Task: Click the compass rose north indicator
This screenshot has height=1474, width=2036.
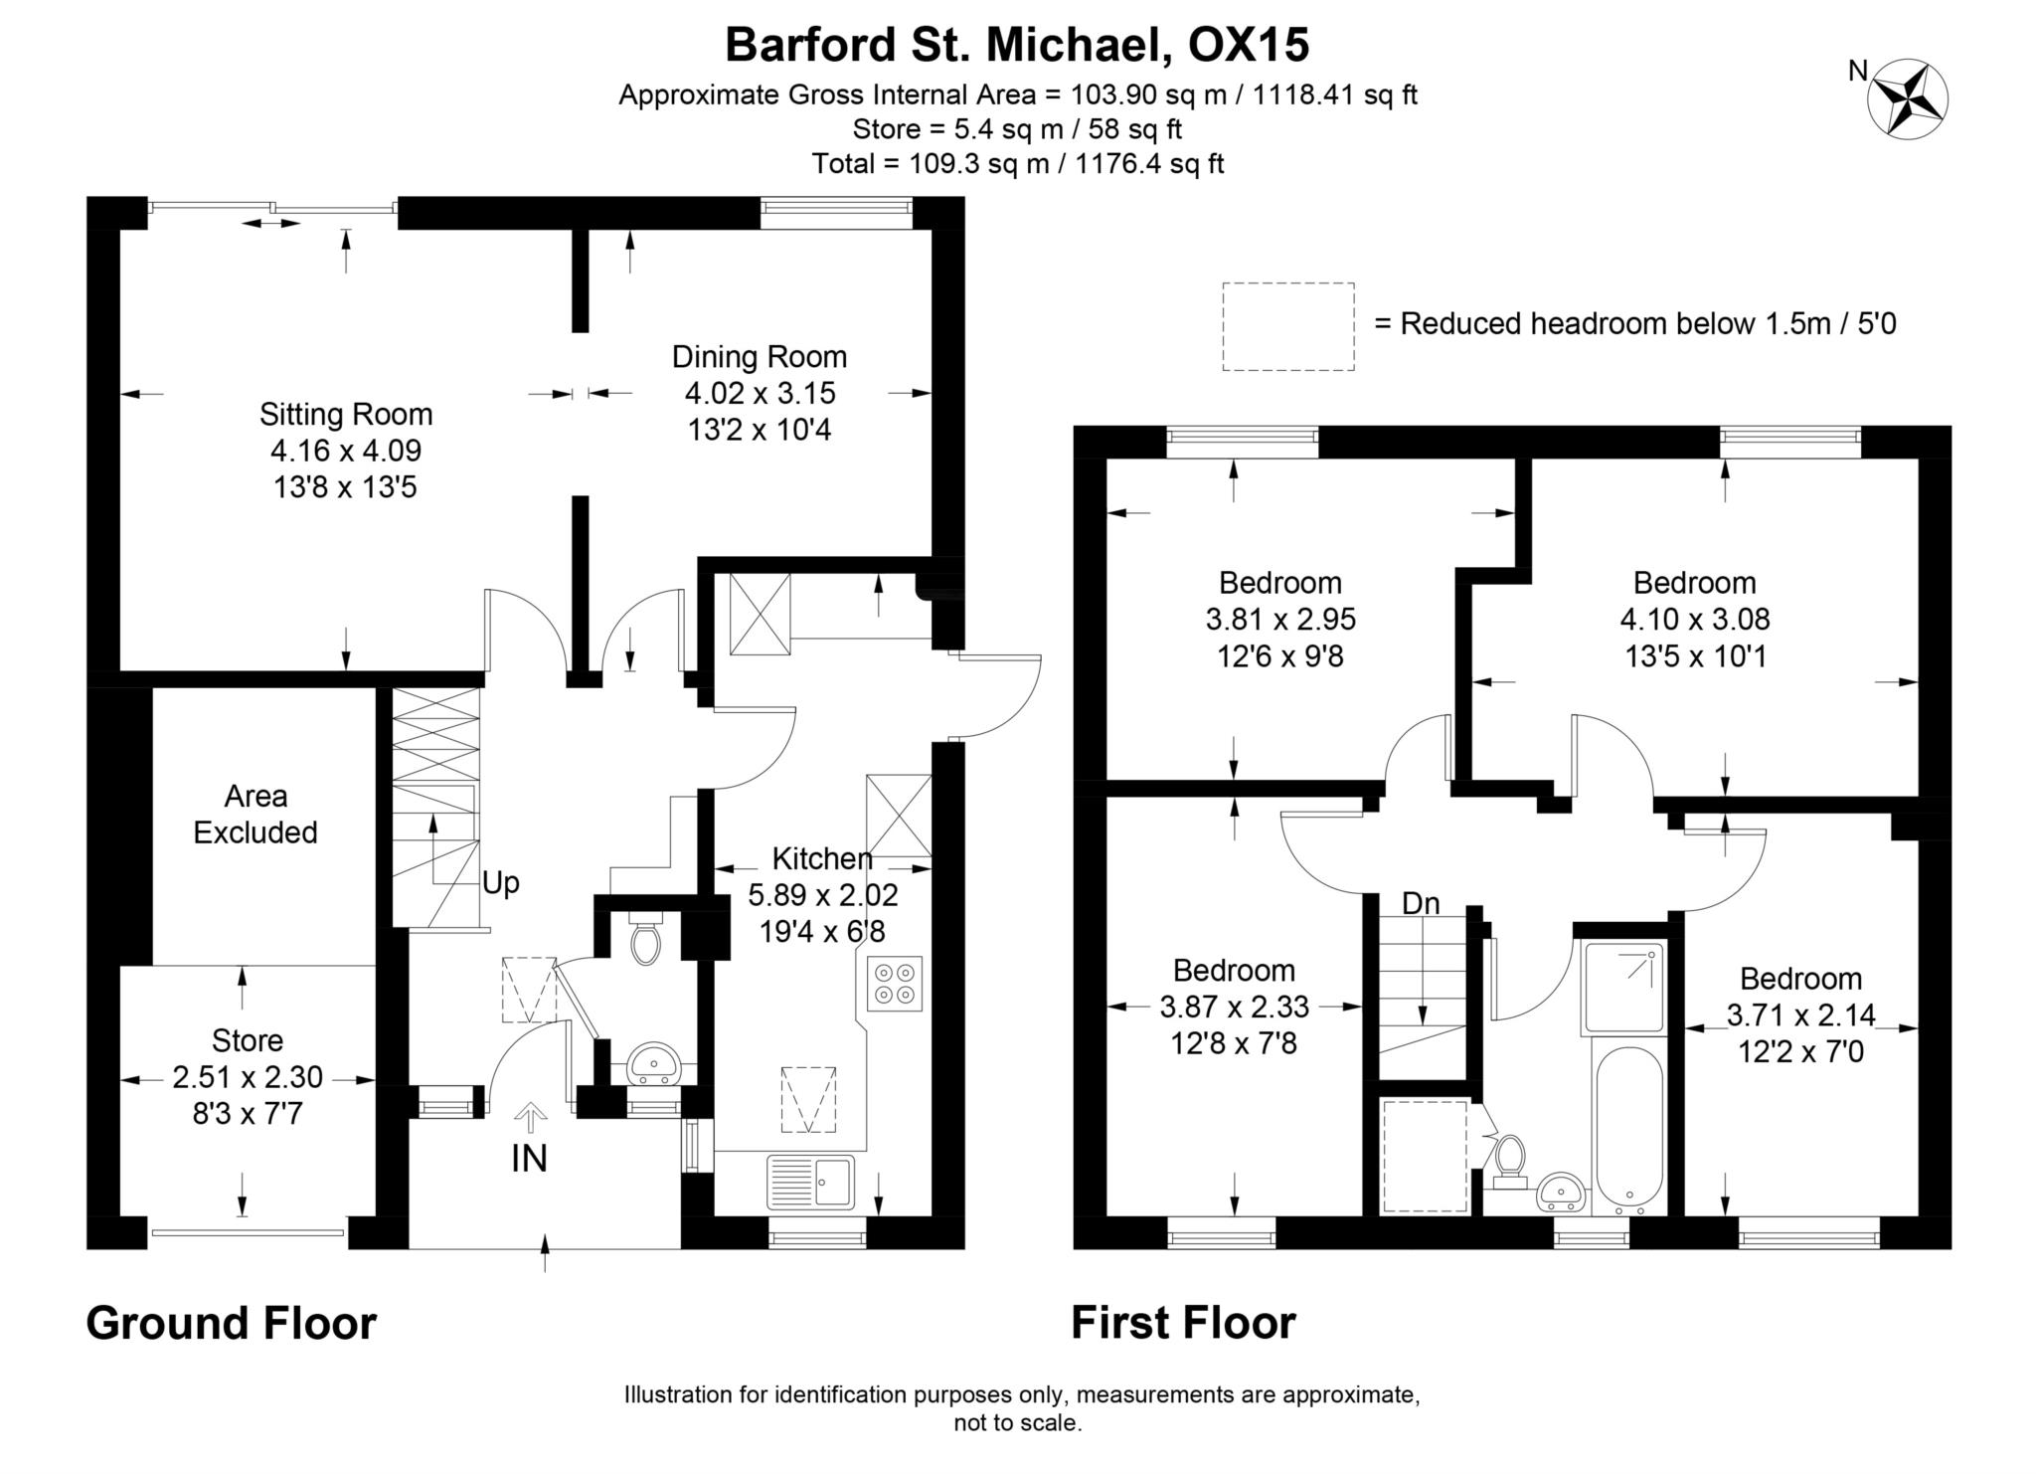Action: [x=1908, y=98]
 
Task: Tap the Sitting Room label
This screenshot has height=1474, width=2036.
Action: [x=346, y=414]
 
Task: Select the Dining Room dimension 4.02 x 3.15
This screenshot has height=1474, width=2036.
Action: [x=760, y=393]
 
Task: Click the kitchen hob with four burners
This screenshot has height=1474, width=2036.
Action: [x=894, y=984]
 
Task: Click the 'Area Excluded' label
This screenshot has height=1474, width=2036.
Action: [x=255, y=814]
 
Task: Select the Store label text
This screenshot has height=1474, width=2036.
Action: [x=248, y=1040]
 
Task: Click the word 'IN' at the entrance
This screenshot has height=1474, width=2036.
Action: [x=529, y=1159]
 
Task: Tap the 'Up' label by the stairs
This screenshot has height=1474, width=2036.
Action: [x=501, y=883]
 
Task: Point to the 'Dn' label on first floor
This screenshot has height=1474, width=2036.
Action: [x=1421, y=903]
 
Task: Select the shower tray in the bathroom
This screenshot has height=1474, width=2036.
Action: [x=1622, y=988]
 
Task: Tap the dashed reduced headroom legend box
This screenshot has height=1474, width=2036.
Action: [x=1287, y=326]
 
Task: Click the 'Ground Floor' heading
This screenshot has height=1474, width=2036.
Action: [x=232, y=1324]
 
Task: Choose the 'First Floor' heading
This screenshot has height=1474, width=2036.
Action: [x=1183, y=1324]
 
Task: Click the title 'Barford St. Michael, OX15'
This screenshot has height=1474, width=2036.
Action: [x=1017, y=45]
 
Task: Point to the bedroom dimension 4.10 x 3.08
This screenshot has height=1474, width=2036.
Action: [x=1695, y=620]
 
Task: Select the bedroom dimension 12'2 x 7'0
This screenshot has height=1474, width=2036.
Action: [x=1800, y=1051]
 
